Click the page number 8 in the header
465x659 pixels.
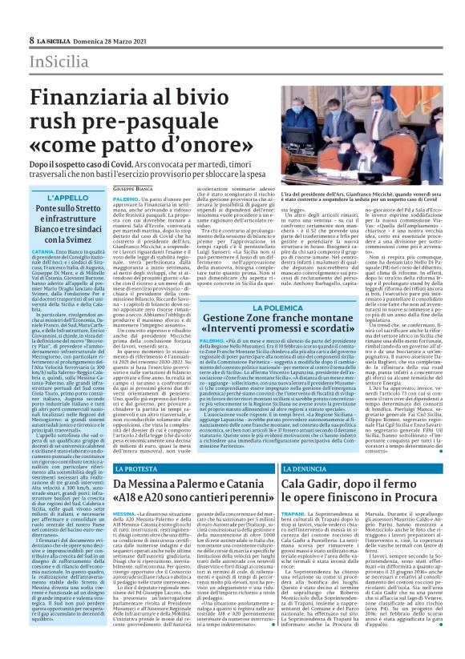(31, 40)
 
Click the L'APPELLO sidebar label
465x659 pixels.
(67, 198)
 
